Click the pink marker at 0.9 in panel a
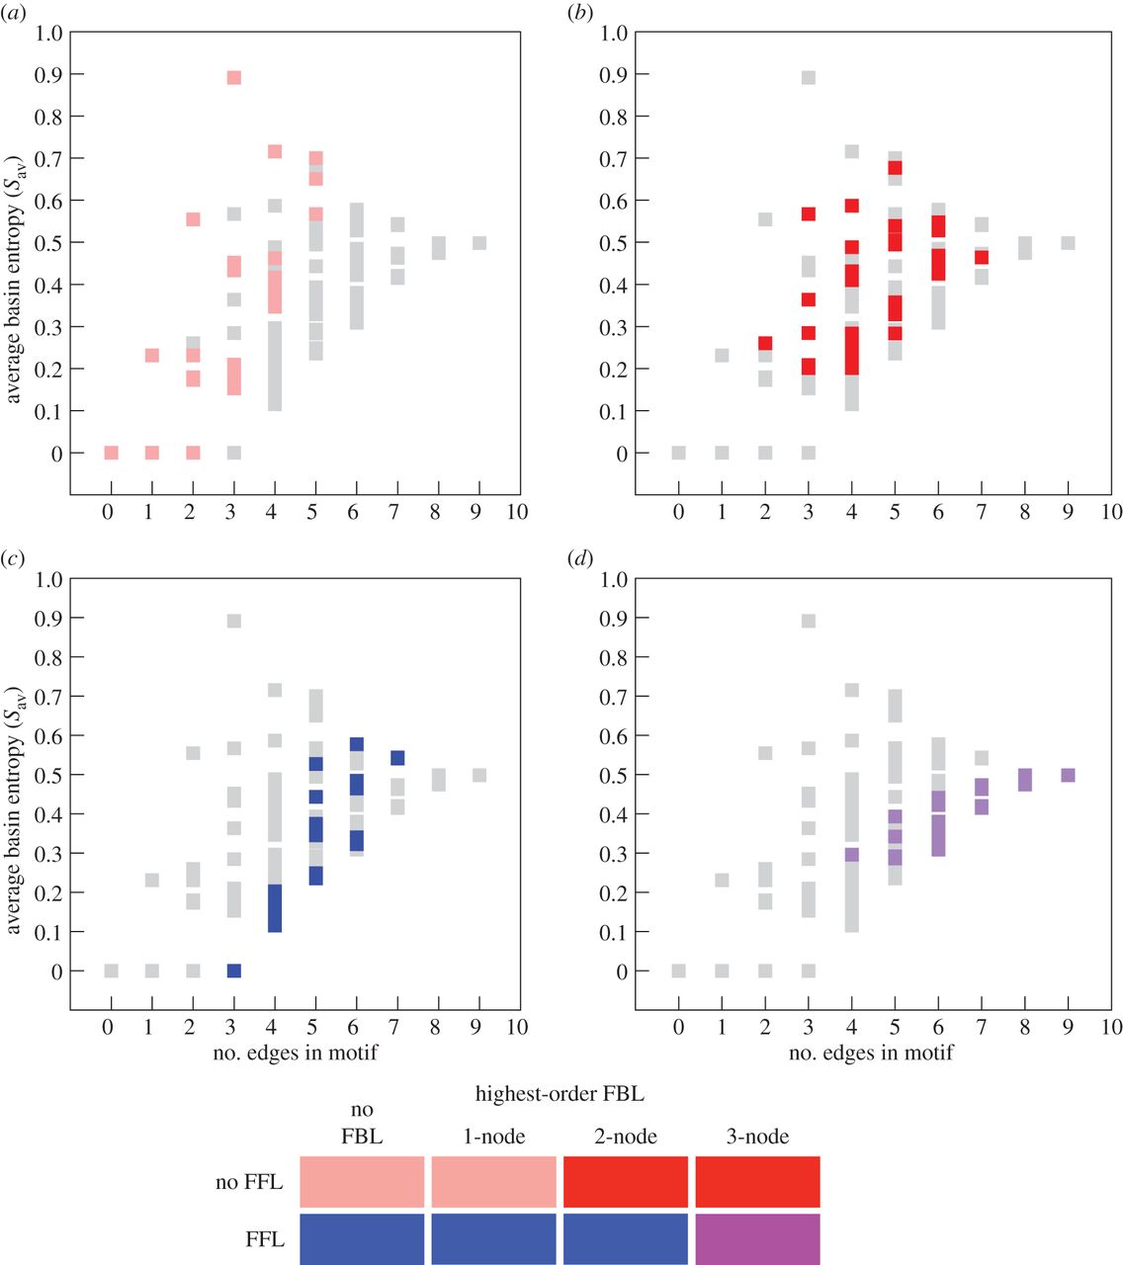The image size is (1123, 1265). (234, 78)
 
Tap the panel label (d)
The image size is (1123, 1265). (579, 559)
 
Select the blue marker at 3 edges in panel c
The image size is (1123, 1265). (234, 970)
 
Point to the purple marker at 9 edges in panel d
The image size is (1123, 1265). (1069, 775)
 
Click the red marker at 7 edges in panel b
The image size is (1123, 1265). (981, 257)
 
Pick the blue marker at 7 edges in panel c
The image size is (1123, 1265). (397, 758)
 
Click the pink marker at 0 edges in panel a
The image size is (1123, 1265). (111, 453)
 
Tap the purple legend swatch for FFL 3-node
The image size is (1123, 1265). (757, 1239)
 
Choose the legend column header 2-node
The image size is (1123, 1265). (626, 1137)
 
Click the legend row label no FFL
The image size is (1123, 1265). (249, 1182)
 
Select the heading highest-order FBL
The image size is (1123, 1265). (560, 1094)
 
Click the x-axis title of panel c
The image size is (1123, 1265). (295, 1053)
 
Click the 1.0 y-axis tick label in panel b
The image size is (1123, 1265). (614, 33)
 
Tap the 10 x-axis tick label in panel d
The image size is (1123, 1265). (1111, 1027)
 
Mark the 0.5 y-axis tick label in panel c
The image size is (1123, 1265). (48, 775)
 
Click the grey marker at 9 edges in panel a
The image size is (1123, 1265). (479, 243)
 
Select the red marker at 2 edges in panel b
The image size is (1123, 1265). (765, 343)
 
